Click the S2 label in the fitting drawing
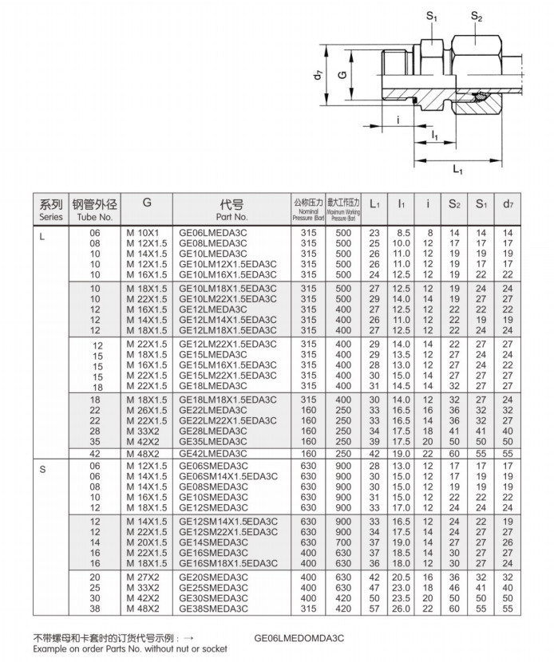[x=477, y=16]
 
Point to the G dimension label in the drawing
[x=342, y=76]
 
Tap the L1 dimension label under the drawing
[x=458, y=169]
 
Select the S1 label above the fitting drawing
[x=431, y=16]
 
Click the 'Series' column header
[x=50, y=210]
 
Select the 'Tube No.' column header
[x=95, y=210]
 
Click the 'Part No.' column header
[x=231, y=210]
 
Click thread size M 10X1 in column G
[x=144, y=233]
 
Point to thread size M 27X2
[x=144, y=577]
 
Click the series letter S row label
[x=42, y=469]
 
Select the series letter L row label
[x=42, y=233]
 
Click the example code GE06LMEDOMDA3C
[x=300, y=638]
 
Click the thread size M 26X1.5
[x=147, y=410]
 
